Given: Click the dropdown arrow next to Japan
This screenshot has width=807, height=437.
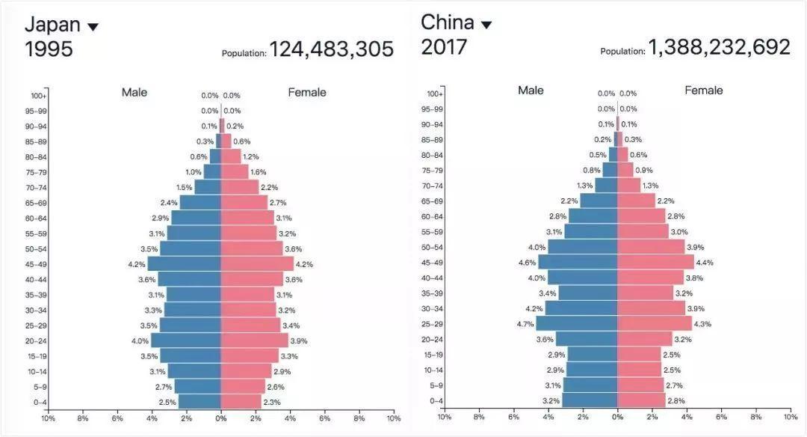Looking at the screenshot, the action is tap(93, 27).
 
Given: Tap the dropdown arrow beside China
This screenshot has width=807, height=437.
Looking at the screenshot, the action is tap(486, 25).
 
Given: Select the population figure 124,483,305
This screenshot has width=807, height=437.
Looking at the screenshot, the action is tap(332, 49).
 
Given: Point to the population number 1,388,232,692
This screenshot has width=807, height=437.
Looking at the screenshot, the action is tap(719, 47).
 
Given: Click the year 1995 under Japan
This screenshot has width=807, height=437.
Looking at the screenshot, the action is tap(49, 49).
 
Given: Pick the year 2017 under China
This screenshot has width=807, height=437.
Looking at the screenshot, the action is tap(444, 47).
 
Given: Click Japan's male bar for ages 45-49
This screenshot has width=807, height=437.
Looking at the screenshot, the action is tap(185, 264).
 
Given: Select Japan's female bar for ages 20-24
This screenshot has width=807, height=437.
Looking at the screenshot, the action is tap(254, 340).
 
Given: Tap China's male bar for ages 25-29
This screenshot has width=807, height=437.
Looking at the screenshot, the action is tap(576, 323).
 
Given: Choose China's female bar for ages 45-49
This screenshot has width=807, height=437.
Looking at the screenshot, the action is tap(656, 263).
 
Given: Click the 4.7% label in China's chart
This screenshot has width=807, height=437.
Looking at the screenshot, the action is tap(525, 324).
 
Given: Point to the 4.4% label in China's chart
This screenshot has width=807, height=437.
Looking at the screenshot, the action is tap(705, 263).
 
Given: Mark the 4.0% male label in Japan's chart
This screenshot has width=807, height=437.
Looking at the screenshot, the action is tap(140, 341).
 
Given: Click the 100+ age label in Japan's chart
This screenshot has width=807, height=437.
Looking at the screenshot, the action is tap(38, 96).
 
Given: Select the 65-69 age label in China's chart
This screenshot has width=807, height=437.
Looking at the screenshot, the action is tap(433, 201).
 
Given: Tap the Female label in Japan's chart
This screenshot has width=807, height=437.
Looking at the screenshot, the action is tap(307, 92).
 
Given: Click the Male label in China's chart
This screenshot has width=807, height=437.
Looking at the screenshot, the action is tap(531, 91).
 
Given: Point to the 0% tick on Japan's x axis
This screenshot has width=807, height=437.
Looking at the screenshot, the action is tap(220, 418).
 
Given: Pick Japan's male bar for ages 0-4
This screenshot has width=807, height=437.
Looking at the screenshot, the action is tap(200, 402).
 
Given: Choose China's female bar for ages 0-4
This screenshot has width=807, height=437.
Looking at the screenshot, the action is tap(642, 400).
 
